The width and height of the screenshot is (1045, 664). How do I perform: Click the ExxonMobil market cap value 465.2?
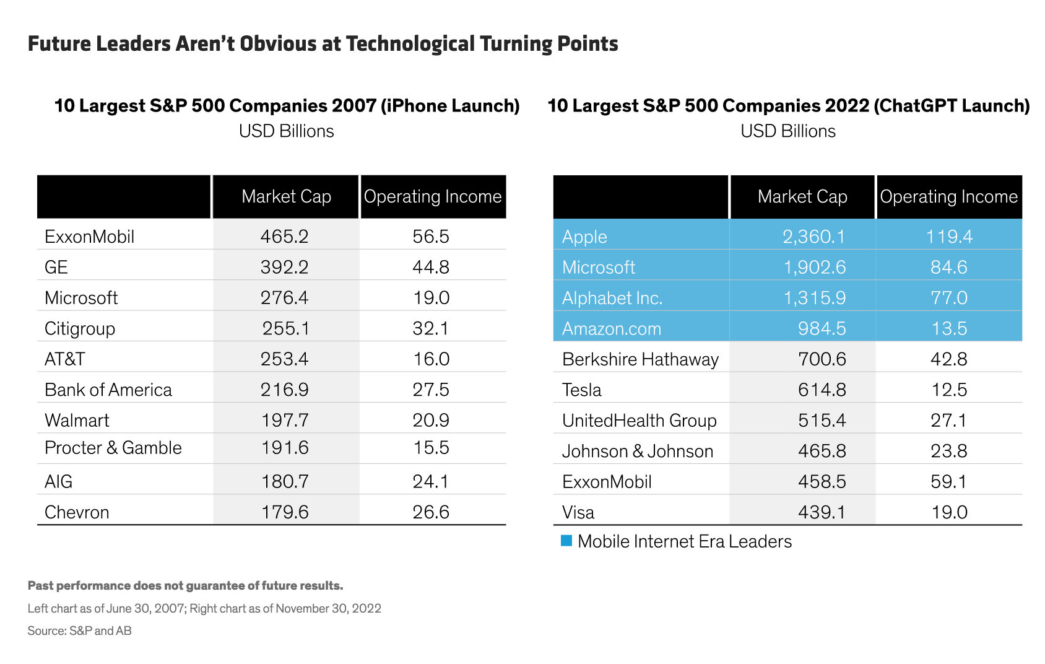[285, 237]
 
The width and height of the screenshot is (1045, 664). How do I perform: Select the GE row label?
[56, 268]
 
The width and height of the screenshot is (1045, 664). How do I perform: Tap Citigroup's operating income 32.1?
[431, 328]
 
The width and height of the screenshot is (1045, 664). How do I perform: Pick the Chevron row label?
[77, 512]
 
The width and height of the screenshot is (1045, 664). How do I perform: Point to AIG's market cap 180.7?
[285, 481]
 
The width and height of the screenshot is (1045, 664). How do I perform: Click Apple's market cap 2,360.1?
[813, 237]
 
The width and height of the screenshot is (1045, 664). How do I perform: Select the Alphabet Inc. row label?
[612, 298]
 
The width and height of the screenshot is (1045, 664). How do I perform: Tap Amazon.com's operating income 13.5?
[949, 328]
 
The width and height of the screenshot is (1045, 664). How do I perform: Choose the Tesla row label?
[582, 390]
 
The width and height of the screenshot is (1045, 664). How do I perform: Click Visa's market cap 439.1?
[822, 512]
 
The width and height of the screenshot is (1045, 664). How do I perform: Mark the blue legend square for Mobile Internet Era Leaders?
[566, 541]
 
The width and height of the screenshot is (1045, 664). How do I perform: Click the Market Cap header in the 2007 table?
[287, 196]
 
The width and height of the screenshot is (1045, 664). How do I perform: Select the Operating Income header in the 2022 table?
[949, 196]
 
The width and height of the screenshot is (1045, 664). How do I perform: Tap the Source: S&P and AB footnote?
[79, 631]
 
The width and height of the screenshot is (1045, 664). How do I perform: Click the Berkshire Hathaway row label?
[640, 359]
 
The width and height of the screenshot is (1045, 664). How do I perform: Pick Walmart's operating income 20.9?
[431, 421]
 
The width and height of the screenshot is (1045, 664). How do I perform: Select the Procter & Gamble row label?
[113, 448]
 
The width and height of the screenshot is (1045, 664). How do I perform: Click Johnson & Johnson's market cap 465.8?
[822, 451]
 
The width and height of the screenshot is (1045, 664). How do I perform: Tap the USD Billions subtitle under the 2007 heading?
[287, 131]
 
